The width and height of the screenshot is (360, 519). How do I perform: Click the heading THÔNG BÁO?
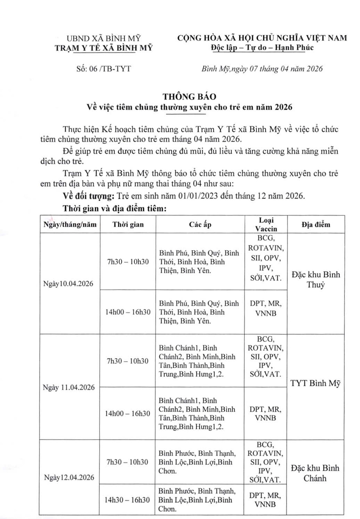189,96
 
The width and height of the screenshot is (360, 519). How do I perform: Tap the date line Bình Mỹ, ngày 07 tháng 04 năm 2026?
262,69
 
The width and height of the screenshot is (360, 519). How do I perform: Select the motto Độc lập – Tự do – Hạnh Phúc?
262,48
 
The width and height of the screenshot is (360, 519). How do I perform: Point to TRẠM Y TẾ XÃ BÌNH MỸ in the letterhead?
103,48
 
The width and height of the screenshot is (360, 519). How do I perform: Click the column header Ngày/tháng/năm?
70,224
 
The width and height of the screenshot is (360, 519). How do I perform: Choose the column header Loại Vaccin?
266,224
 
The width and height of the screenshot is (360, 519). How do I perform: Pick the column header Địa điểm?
316,224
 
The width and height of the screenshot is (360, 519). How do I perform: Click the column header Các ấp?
200,224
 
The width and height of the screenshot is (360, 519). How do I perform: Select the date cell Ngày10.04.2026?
68,284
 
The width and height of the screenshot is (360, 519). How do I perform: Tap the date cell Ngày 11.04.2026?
69,387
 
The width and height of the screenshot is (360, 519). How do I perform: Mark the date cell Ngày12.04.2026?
69,477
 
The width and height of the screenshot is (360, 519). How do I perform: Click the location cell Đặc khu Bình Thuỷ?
316,279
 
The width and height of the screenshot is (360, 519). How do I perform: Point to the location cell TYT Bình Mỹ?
316,383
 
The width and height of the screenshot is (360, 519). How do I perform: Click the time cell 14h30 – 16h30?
127,500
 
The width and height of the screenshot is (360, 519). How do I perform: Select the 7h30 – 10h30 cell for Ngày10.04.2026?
128,262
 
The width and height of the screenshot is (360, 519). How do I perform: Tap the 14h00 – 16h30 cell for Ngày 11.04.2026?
128,413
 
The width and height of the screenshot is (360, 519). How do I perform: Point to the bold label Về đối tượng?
88,196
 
